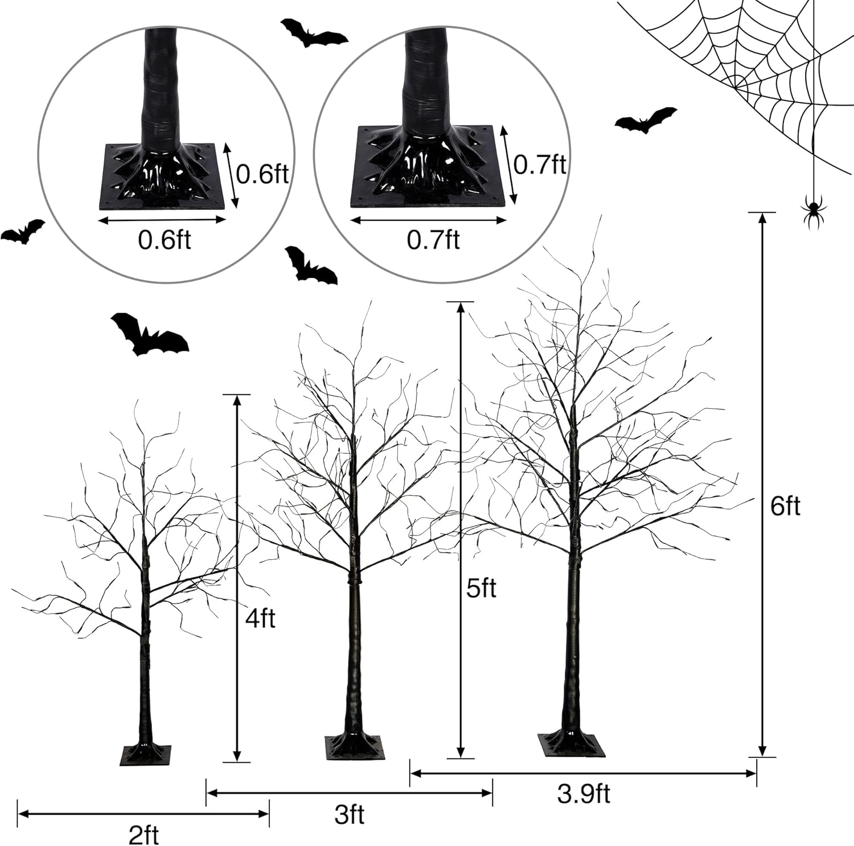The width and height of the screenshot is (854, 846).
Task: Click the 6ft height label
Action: coord(785,506)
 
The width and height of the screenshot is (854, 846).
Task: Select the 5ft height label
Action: coord(481,588)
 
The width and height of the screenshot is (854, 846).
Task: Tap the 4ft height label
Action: coord(260,617)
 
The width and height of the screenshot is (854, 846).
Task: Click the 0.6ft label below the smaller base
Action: coord(165,240)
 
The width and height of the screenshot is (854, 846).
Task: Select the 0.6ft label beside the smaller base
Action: coord(262,173)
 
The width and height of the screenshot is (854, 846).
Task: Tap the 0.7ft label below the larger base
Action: coord(433,240)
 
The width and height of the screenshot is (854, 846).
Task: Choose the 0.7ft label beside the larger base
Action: coord(540,164)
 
